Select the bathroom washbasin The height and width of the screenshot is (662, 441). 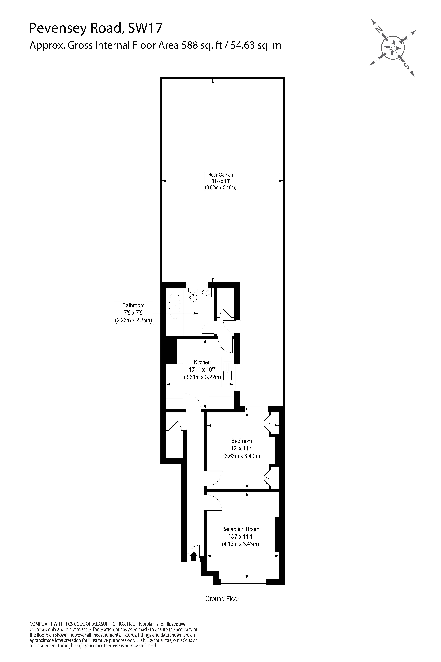pos(206,293)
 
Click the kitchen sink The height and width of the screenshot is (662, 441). pos(227,372)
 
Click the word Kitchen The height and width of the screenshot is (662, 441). pos(202,362)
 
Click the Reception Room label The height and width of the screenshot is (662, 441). pos(240,529)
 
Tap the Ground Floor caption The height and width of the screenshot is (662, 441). pos(222,599)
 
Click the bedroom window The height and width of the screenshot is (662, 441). pos(256,409)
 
